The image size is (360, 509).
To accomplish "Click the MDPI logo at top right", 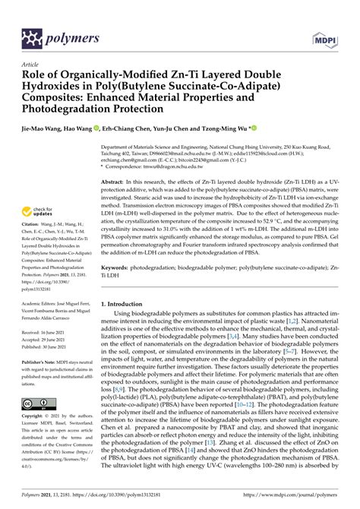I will (323, 38).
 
